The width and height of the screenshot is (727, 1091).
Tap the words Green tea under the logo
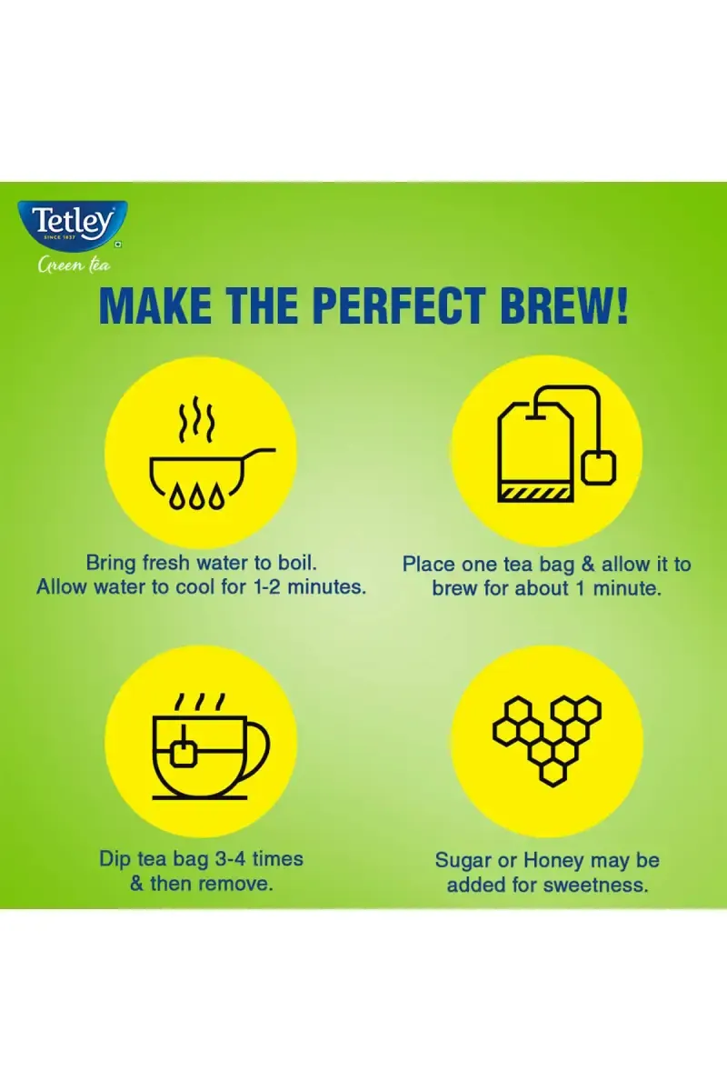[x=74, y=265]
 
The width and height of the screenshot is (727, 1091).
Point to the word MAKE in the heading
[x=155, y=305]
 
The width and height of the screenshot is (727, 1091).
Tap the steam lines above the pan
[x=195, y=418]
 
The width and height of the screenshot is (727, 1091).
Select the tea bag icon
[x=556, y=444]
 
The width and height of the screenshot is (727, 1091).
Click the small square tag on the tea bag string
[x=599, y=467]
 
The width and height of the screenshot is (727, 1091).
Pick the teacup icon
[x=210, y=746]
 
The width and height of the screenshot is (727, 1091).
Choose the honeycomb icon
[x=547, y=740]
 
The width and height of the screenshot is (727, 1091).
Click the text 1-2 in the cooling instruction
[x=267, y=586]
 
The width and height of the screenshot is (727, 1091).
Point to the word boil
[x=297, y=562]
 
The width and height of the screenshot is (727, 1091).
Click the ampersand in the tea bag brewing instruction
[x=588, y=564]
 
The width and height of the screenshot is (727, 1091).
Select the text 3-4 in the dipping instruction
[x=230, y=858]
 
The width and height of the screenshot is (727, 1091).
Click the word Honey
[x=553, y=861]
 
